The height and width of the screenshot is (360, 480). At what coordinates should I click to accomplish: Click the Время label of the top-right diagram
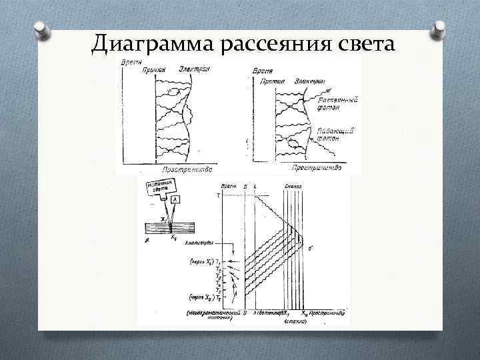(x=261, y=70)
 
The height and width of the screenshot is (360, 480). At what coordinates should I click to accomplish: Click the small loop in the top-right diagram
(x=293, y=141)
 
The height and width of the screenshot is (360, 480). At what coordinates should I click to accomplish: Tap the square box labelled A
(x=175, y=199)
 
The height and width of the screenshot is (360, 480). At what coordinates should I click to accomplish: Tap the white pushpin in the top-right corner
(x=439, y=29)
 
